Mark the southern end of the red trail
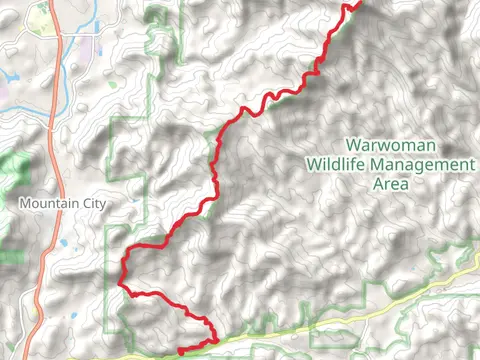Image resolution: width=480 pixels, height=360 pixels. (x=179, y=351)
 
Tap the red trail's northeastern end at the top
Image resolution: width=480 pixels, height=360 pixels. (x=357, y=3)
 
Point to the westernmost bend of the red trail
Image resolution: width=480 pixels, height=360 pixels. (x=121, y=270)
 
